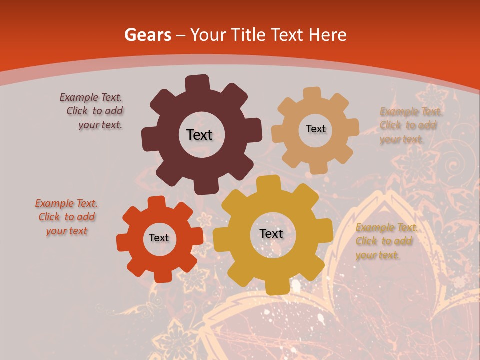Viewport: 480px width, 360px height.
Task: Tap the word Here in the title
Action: [x=328, y=35]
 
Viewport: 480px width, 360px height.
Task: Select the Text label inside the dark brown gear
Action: [x=199, y=135]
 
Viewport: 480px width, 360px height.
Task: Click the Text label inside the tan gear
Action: [x=315, y=129]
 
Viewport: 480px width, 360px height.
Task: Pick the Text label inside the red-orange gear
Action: [x=159, y=238]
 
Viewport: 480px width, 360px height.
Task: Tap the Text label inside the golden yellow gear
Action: [x=271, y=233]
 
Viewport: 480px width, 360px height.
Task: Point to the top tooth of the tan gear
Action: [x=313, y=94]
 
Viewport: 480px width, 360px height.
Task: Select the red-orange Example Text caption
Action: [x=67, y=217]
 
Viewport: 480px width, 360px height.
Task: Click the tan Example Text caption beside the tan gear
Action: [x=408, y=125]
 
